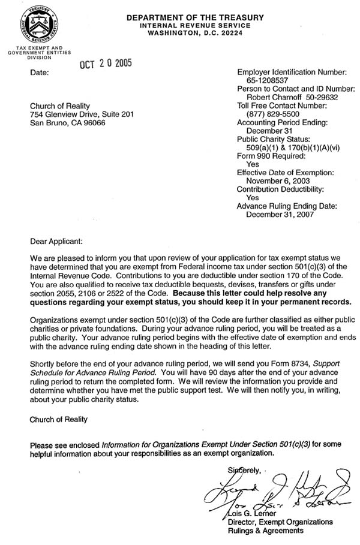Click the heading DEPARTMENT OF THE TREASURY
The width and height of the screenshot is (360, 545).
[195, 18]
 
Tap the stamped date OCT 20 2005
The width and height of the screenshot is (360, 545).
[106, 63]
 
